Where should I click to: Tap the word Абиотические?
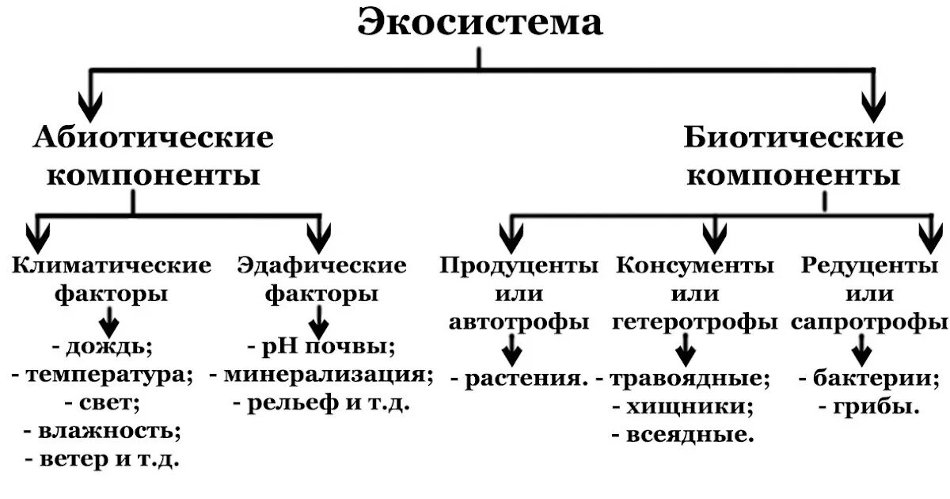click(154, 138)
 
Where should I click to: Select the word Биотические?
click(793, 138)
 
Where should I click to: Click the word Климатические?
click(112, 265)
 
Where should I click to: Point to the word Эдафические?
click(322, 265)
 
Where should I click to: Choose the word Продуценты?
click(519, 265)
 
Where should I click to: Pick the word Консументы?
click(695, 265)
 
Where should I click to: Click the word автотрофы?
click(519, 322)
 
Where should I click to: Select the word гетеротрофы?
click(695, 322)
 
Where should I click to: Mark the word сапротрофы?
click(869, 322)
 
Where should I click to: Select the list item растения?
click(523, 379)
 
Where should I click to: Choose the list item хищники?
click(687, 407)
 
